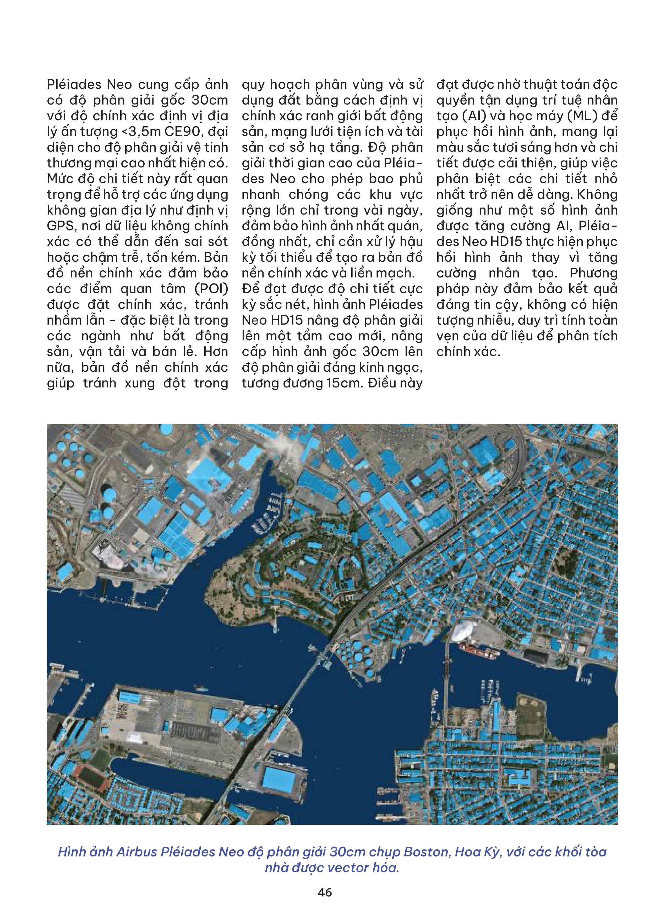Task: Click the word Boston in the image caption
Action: [427, 852]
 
